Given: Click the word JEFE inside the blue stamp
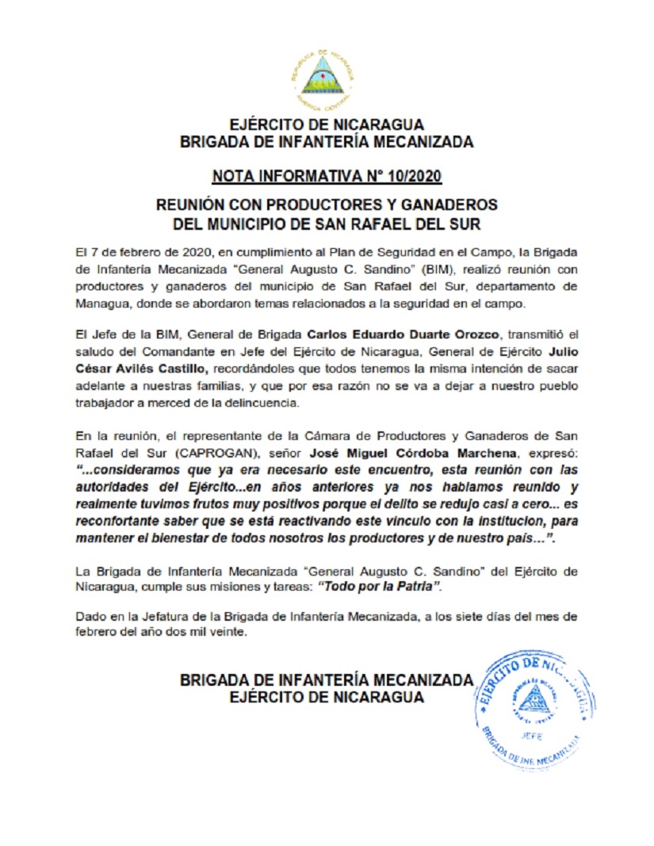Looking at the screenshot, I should click(531, 734).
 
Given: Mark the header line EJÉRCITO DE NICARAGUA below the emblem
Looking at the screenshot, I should click(327, 125).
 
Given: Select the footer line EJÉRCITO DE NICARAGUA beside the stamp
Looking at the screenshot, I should click(327, 697).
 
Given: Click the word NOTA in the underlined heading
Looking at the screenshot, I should click(235, 175).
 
